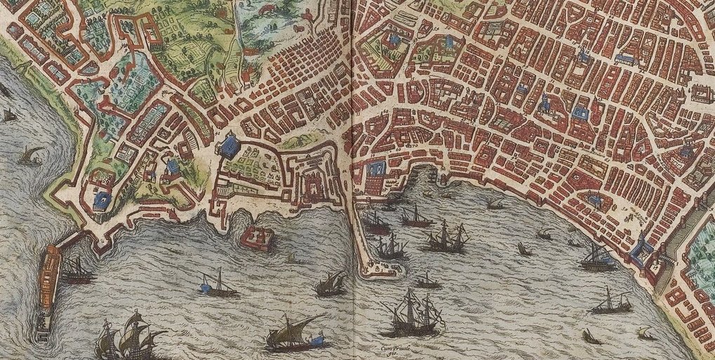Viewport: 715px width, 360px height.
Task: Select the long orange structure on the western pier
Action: click(x=50, y=277)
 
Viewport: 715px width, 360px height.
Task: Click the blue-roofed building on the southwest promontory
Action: click(x=101, y=200)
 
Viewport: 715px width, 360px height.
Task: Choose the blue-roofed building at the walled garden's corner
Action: click(x=229, y=147)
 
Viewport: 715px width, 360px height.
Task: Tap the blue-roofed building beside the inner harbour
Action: click(x=377, y=168)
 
